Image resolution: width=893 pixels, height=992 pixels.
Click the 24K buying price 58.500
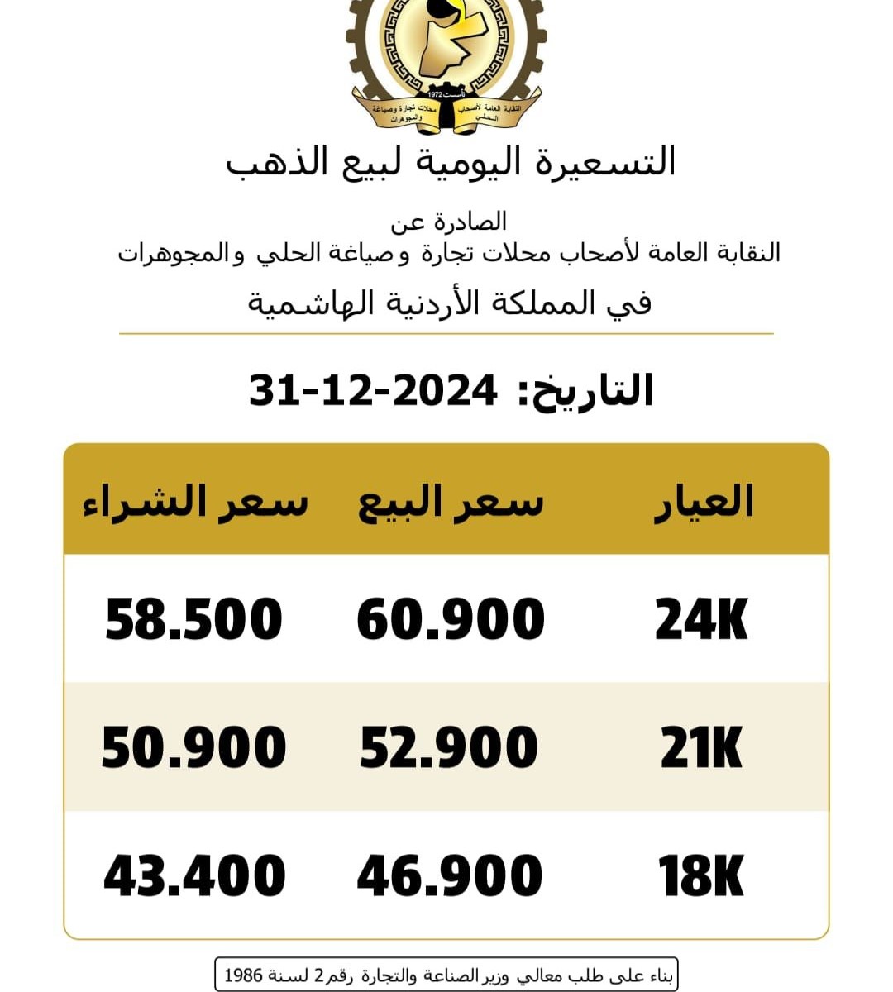[194, 620]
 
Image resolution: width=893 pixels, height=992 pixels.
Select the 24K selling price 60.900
[451, 620]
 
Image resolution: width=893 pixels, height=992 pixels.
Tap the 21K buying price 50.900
[194, 747]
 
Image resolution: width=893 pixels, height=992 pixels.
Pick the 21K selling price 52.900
[449, 747]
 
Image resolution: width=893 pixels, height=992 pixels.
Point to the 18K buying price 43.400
[195, 876]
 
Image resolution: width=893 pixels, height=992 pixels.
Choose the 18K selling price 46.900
[450, 876]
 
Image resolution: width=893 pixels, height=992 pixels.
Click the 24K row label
[701, 620]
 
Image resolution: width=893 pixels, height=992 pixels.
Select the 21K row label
[701, 748]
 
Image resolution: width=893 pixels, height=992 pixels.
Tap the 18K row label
[701, 876]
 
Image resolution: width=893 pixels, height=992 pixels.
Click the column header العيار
[704, 502]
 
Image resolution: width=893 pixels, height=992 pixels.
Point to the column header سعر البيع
[451, 502]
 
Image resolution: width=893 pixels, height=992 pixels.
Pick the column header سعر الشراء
[195, 502]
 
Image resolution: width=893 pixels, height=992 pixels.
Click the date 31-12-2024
[373, 390]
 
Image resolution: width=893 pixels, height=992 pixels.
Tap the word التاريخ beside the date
[587, 390]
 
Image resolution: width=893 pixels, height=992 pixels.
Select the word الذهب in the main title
[273, 161]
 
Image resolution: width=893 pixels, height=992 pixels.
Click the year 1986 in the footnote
[243, 975]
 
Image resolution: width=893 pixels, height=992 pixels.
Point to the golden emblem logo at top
[446, 62]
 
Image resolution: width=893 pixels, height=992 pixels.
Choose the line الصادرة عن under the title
[449, 222]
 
